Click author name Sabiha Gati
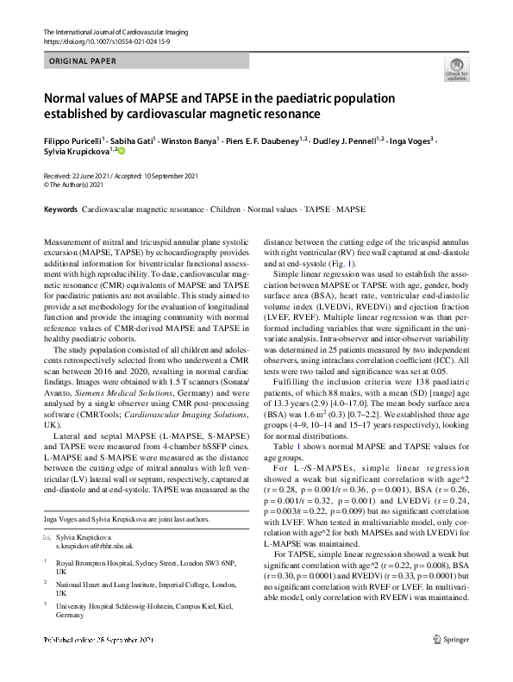(135, 140)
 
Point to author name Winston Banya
(191, 140)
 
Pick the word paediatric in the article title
(315, 97)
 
